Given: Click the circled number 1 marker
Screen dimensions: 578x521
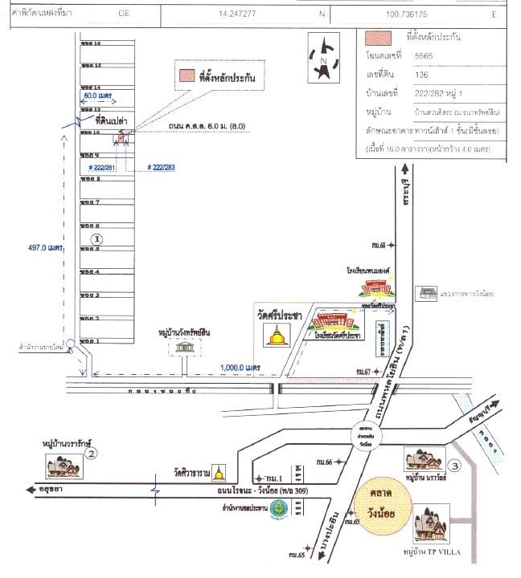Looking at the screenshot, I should pos(96,238).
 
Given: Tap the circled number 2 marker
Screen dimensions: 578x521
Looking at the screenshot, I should pos(92,454).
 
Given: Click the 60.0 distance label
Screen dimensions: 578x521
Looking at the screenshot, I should pos(101,95).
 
